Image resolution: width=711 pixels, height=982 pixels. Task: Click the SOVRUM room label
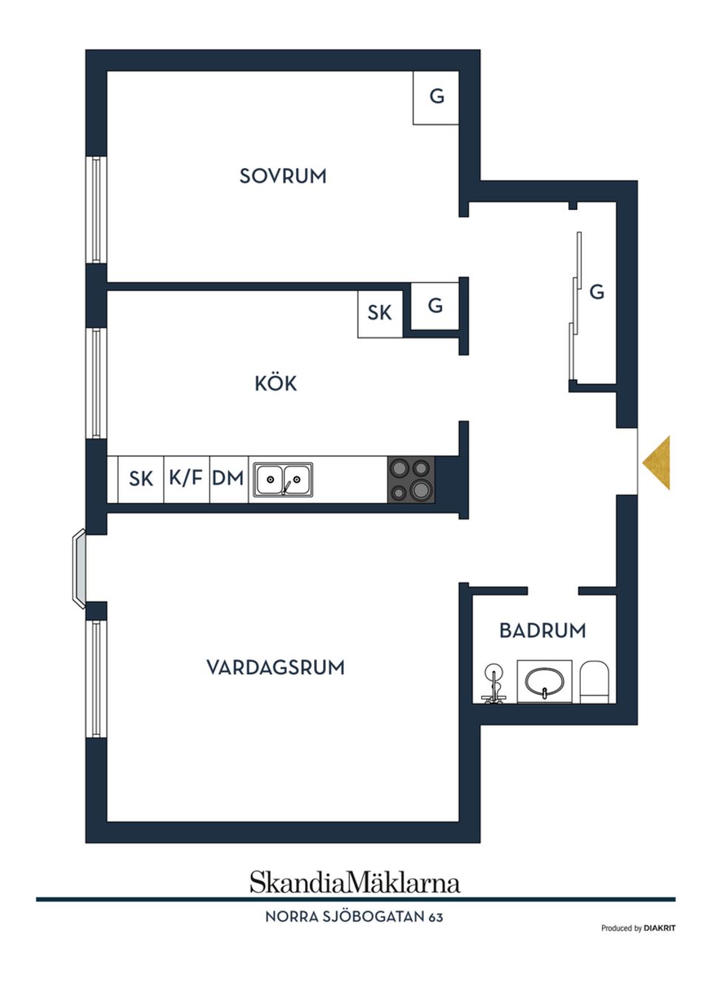pyautogui.click(x=282, y=176)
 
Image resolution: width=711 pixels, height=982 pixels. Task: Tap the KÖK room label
pyautogui.click(x=276, y=383)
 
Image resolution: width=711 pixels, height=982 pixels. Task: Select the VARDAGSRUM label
pyautogui.click(x=276, y=667)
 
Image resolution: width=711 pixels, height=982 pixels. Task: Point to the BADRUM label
pyautogui.click(x=542, y=630)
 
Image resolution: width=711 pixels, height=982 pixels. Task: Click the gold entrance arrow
pyautogui.click(x=657, y=463)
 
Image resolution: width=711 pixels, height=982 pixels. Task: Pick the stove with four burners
pyautogui.click(x=410, y=480)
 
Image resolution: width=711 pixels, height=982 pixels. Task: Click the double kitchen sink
pyautogui.click(x=283, y=480)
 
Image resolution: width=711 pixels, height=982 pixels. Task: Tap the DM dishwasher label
pyautogui.click(x=228, y=479)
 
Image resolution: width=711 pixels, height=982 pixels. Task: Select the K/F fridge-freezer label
pyautogui.click(x=186, y=478)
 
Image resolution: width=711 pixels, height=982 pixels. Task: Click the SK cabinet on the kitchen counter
pyautogui.click(x=141, y=479)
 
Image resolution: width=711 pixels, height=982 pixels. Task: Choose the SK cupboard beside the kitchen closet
pyautogui.click(x=379, y=313)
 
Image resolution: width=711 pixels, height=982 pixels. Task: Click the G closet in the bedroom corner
pyautogui.click(x=437, y=97)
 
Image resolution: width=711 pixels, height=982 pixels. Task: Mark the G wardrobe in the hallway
pyautogui.click(x=596, y=292)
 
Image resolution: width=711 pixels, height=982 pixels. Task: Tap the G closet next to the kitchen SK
pyautogui.click(x=435, y=306)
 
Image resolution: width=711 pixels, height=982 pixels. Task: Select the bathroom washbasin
pyautogui.click(x=544, y=682)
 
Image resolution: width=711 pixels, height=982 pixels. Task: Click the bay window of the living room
pyautogui.click(x=79, y=568)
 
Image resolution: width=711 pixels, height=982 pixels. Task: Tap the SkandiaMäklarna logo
pyautogui.click(x=355, y=882)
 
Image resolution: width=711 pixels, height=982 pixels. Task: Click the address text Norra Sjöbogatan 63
pyautogui.click(x=354, y=917)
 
